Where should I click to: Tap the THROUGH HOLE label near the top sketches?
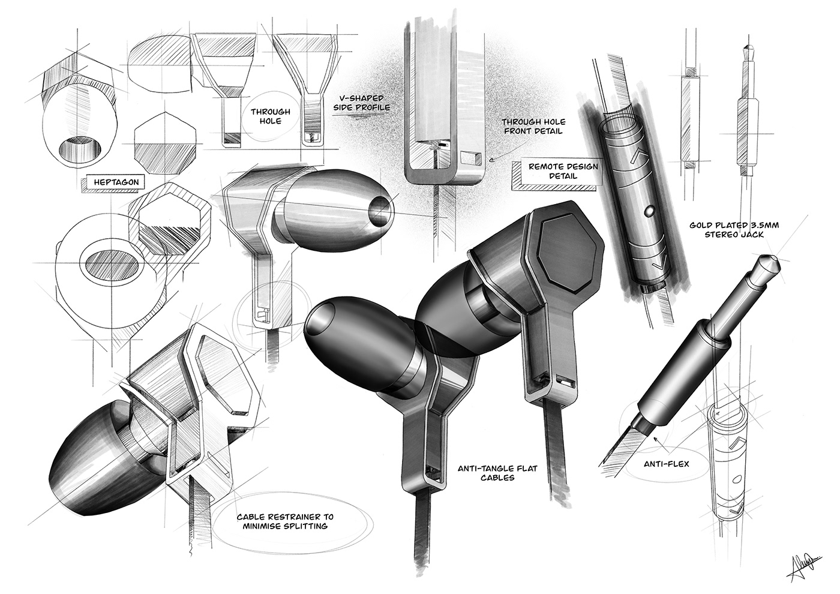[x=271, y=116]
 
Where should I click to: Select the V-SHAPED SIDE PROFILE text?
[x=362, y=103]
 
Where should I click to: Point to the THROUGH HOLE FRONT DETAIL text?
[x=533, y=126]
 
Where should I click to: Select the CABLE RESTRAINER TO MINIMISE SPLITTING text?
[x=273, y=521]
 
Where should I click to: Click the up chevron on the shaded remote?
[x=638, y=158]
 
